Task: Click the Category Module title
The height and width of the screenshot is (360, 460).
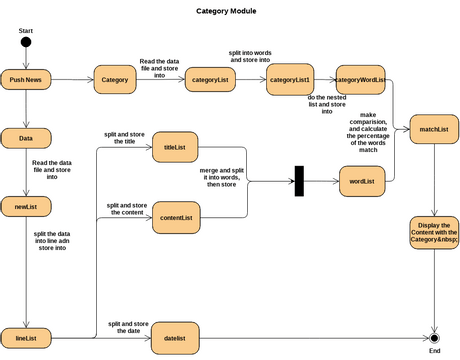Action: point(226,11)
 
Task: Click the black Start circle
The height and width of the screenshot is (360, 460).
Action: point(26,42)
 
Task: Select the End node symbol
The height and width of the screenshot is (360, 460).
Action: point(434,338)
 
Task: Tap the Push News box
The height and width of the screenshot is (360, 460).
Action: point(26,79)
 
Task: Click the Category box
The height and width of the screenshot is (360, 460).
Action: point(115,79)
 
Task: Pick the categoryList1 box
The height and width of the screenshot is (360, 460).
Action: point(290,79)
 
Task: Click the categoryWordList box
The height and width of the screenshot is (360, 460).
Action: point(361,79)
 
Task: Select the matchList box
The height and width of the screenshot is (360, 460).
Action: point(433,129)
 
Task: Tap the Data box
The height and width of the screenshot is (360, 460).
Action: point(26,139)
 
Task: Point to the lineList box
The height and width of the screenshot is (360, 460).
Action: point(26,338)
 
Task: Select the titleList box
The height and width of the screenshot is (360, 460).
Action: point(175,149)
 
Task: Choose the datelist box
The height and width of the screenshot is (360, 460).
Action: point(175,338)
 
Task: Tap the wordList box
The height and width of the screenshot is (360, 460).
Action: point(361,182)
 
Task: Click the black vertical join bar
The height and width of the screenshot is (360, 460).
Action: point(298,182)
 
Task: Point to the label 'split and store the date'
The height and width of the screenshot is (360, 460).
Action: point(128,327)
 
